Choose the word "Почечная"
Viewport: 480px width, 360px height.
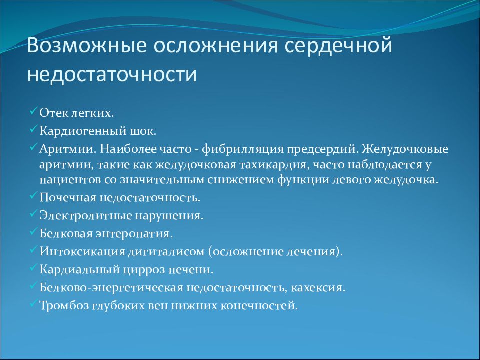coord(65,197)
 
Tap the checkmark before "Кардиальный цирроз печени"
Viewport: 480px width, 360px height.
coord(33,268)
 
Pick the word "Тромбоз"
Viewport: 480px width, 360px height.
coord(64,305)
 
